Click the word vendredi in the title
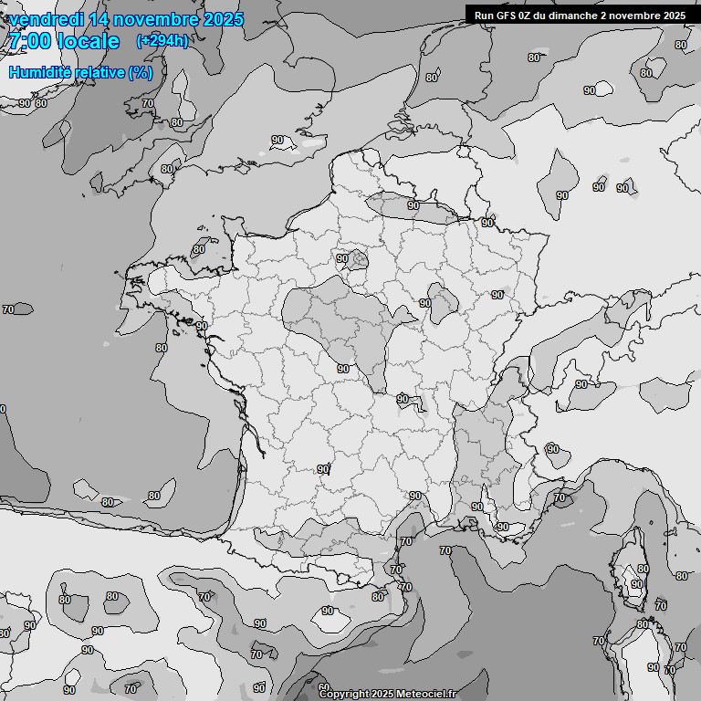pyautogui.click(x=41, y=19)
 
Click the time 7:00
pyautogui.click(x=29, y=41)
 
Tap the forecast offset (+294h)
pyautogui.click(x=162, y=41)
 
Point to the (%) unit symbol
pyautogui.click(x=141, y=72)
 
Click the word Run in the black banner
pyautogui.click(x=485, y=15)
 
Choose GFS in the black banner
pyautogui.click(x=507, y=15)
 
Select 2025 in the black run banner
pyautogui.click(x=675, y=15)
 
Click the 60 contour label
pyautogui.click(x=324, y=686)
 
